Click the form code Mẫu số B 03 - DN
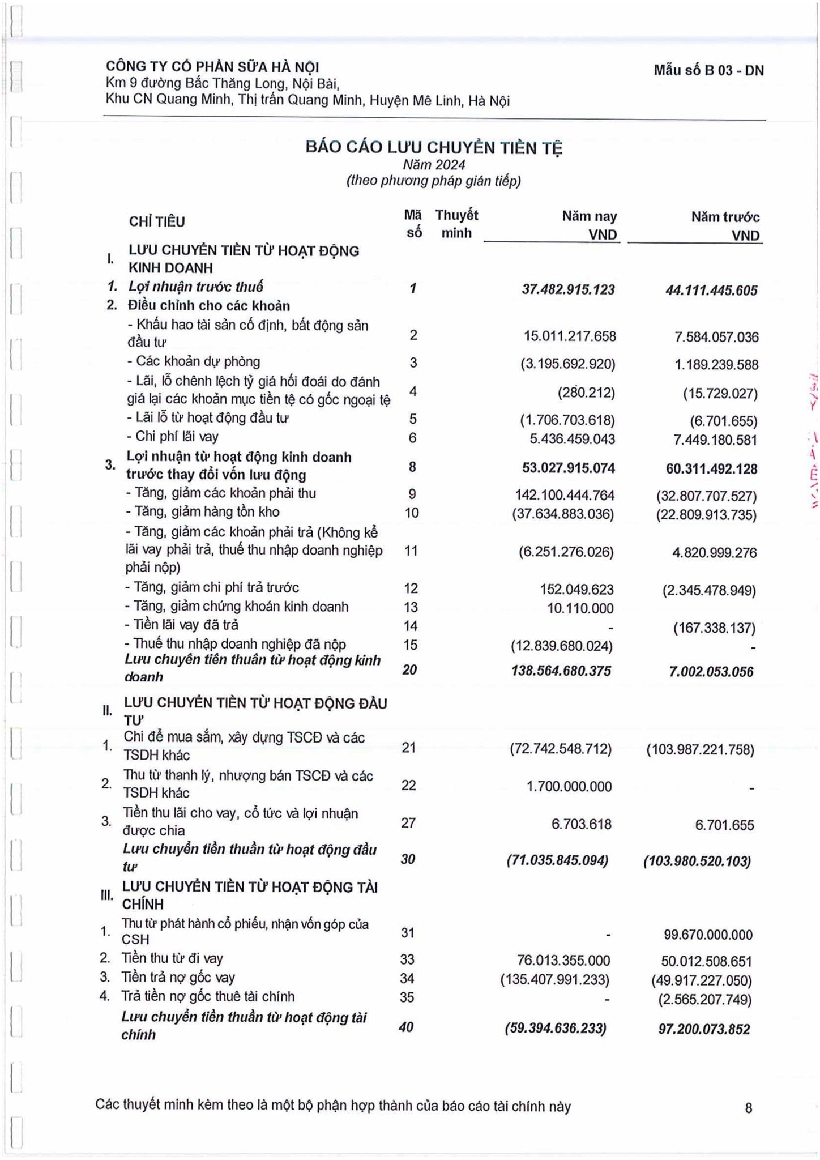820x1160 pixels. (x=708, y=71)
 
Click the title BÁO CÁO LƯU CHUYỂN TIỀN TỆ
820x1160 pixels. (x=434, y=147)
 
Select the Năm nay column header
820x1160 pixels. (x=589, y=216)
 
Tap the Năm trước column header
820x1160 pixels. (x=725, y=217)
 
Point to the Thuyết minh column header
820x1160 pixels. (x=456, y=224)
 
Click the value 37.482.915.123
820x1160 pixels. (x=568, y=289)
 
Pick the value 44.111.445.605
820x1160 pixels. (x=711, y=291)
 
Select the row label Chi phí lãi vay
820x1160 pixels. (x=177, y=437)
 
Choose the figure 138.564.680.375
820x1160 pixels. (x=561, y=671)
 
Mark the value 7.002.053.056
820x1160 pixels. (x=711, y=672)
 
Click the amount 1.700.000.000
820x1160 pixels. (x=569, y=787)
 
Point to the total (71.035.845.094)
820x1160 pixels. (x=557, y=861)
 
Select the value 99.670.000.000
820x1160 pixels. (x=708, y=935)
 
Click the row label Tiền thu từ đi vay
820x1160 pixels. (x=172, y=959)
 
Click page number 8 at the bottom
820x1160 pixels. (x=748, y=1107)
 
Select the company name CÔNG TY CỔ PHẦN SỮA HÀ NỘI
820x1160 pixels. (x=212, y=67)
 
